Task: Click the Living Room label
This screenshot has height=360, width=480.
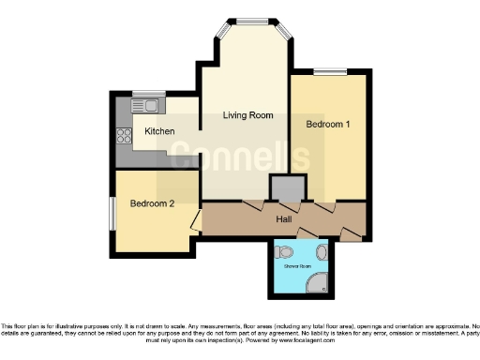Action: (247, 115)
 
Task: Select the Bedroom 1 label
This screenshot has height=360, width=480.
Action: (327, 123)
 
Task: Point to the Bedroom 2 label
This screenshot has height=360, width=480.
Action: (151, 203)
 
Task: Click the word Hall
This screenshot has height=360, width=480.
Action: (283, 219)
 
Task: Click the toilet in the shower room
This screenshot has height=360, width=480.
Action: (287, 252)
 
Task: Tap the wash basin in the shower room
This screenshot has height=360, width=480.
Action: (322, 251)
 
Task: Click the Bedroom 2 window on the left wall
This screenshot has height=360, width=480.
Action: (111, 212)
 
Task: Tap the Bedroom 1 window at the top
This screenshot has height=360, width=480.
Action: (327, 72)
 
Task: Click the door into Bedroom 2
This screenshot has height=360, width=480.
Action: (194, 221)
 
